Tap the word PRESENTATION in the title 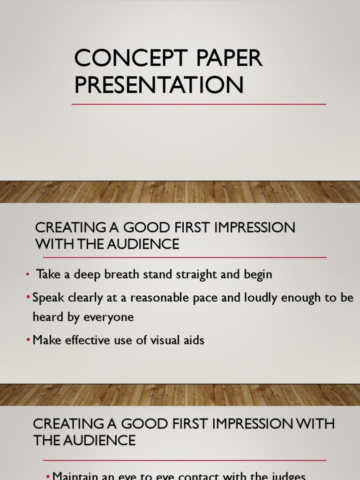coord(159,85)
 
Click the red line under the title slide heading coord(199,104)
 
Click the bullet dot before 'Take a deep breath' coord(28,275)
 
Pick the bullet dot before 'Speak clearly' coord(28,298)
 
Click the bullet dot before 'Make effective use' coord(28,340)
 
